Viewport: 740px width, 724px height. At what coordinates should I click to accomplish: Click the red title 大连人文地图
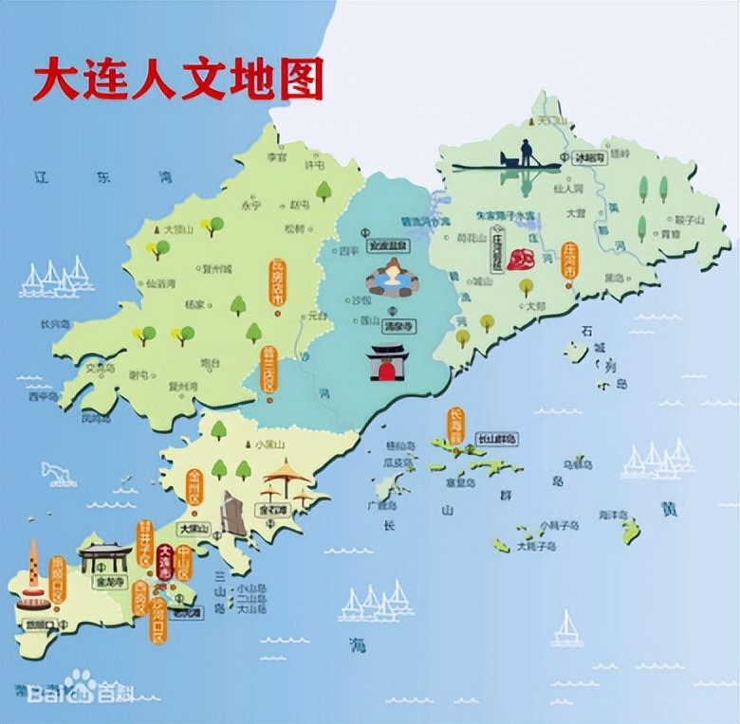[x=177, y=79]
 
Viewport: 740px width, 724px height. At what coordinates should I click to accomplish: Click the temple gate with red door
[x=388, y=362]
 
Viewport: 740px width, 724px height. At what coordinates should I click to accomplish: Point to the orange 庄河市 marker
[x=570, y=260]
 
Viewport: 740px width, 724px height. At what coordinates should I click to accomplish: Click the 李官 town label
[x=276, y=157]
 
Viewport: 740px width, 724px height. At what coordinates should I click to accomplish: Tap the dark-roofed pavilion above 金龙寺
[x=104, y=554]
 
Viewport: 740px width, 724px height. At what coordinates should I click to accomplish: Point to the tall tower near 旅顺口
[x=34, y=573]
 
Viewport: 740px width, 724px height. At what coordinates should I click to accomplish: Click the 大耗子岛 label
[x=534, y=547]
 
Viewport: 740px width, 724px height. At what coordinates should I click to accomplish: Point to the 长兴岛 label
[x=53, y=323]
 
